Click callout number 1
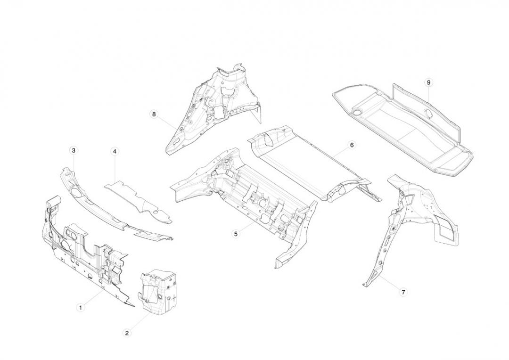click(81, 308)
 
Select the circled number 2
click(127, 333)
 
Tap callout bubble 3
click(74, 150)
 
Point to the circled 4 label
click(115, 151)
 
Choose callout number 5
click(236, 233)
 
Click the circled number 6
click(352, 145)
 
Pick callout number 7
click(403, 292)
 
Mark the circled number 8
click(154, 114)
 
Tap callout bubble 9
click(428, 82)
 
